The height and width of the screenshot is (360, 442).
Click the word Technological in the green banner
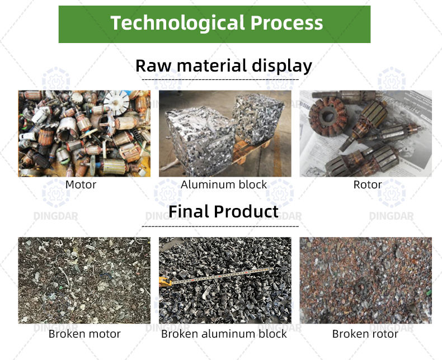(176, 23)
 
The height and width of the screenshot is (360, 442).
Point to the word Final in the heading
(189, 211)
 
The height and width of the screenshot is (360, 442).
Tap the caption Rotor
(367, 184)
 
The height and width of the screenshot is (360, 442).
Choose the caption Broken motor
(84, 334)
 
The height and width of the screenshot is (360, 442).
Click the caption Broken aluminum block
(224, 334)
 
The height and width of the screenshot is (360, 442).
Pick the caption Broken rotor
(365, 334)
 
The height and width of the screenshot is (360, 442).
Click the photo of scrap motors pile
(84, 133)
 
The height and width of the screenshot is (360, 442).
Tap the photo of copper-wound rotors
(366, 133)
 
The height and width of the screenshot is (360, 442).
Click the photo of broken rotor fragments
(366, 280)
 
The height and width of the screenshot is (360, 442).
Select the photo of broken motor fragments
(84, 280)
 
